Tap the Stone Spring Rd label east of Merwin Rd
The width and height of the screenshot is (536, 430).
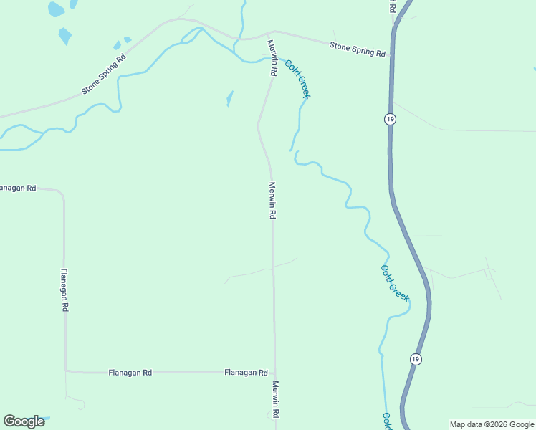click(x=357, y=49)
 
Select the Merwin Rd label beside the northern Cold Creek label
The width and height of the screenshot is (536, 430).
click(x=272, y=58)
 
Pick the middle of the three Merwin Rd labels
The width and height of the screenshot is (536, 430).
click(x=272, y=200)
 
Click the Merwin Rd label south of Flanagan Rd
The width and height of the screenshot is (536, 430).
click(x=274, y=399)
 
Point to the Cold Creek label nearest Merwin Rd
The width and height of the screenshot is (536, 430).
click(x=297, y=79)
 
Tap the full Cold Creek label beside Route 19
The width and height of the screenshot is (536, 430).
click(x=395, y=282)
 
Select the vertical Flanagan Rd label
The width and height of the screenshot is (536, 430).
click(x=64, y=290)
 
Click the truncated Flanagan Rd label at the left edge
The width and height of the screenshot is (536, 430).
click(x=17, y=188)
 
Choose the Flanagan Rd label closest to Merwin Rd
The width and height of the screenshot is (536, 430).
click(x=246, y=373)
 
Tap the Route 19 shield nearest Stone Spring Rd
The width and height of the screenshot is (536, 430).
click(x=389, y=119)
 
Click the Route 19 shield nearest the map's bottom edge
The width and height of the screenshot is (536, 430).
click(x=415, y=358)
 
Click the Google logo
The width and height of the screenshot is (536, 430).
click(x=24, y=421)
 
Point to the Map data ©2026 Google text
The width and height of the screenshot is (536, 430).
click(x=492, y=424)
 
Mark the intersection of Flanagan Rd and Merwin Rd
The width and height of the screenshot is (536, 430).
click(x=274, y=373)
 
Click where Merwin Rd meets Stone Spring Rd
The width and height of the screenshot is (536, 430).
click(x=269, y=34)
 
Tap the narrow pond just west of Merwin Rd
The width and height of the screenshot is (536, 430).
click(x=229, y=98)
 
